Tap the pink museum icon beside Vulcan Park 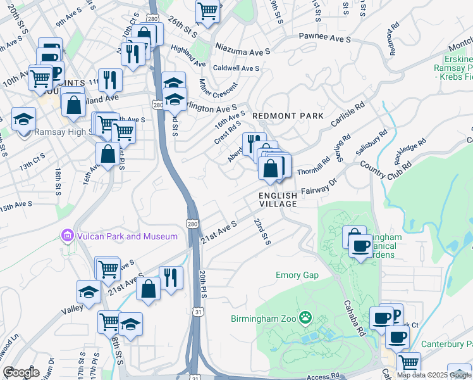coord(68,236)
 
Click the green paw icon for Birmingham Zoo coord(306,317)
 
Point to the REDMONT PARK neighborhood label coord(288,116)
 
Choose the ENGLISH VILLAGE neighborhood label coord(278,200)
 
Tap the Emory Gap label coord(297,275)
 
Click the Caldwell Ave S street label coord(236,68)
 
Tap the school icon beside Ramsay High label coord(23,118)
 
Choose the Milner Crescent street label coord(217,91)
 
